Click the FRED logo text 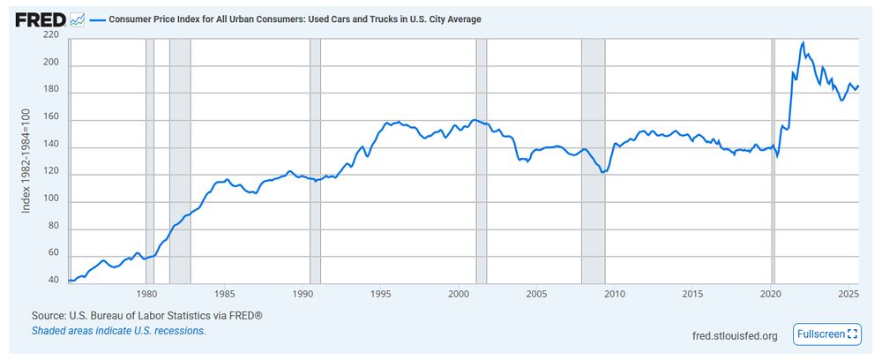tap(41, 19)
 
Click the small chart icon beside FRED tap(78, 19)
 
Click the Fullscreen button tap(826, 334)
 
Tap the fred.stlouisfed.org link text tap(736, 335)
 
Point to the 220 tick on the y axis tap(50, 36)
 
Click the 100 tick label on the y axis tap(50, 200)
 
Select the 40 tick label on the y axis tap(53, 281)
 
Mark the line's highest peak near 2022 tap(803, 42)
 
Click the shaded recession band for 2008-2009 tap(593, 159)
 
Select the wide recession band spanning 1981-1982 tap(180, 159)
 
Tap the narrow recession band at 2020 tap(774, 159)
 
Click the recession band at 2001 tap(482, 159)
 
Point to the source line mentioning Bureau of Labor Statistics tap(146, 315)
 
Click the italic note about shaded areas tap(118, 331)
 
